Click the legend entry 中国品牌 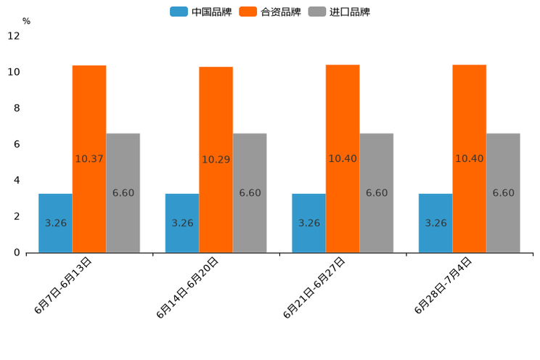(201, 12)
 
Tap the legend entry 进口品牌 (339, 12)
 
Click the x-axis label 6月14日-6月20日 (187, 287)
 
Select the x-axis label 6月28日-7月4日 (443, 286)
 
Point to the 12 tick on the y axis (14, 36)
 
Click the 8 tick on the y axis (17, 108)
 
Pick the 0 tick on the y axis (17, 253)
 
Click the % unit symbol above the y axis (26, 21)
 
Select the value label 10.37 (89, 159)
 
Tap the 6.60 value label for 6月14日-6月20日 (250, 193)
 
